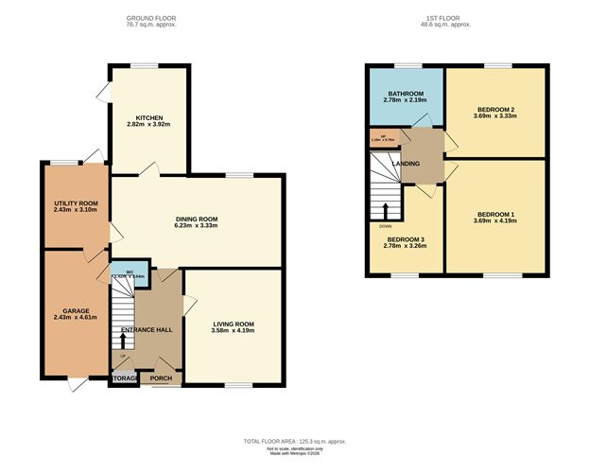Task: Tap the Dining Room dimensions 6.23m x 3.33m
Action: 197,226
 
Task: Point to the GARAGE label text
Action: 76,309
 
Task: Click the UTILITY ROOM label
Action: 75,203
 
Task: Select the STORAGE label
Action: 124,377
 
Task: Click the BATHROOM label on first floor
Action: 406,95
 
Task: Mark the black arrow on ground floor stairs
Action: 122,337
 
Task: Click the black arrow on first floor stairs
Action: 385,209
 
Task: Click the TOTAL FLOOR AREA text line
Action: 294,442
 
